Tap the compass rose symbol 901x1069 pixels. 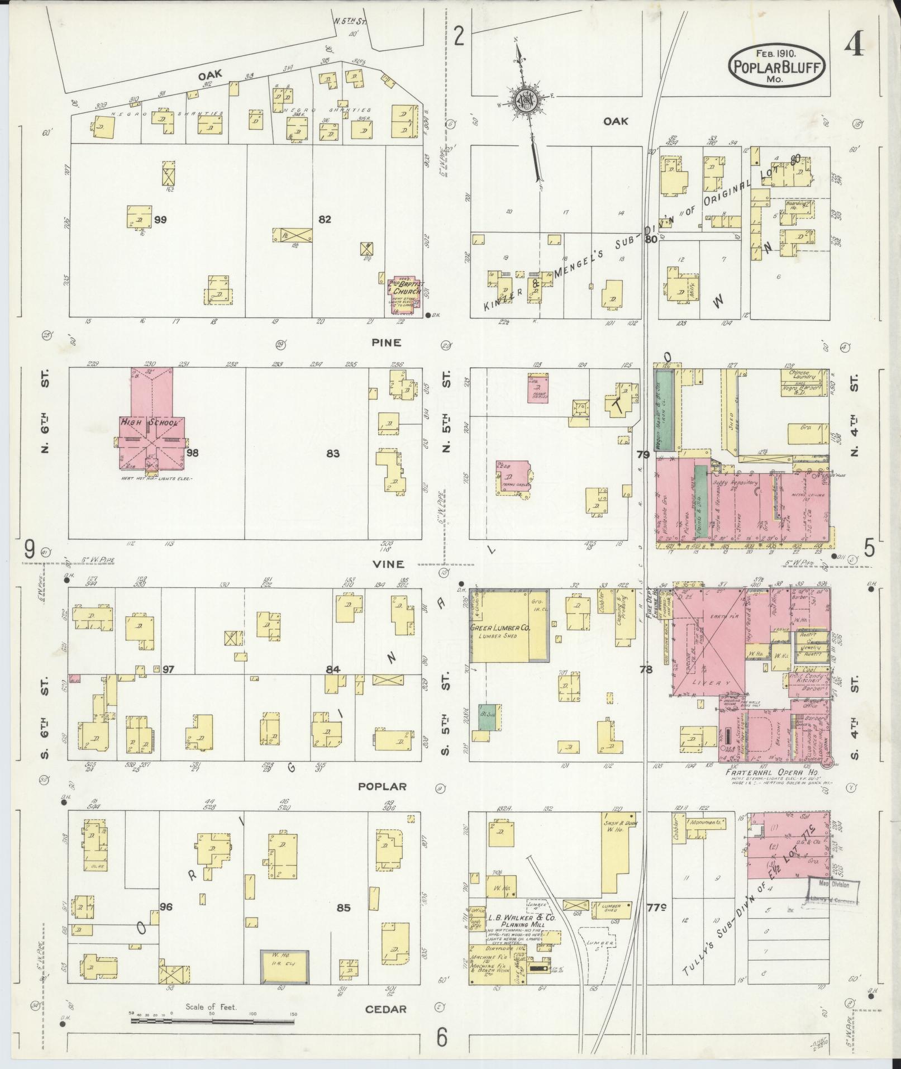pyautogui.click(x=526, y=101)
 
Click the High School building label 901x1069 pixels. pyautogui.click(x=149, y=422)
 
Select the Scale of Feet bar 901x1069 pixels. pyautogui.click(x=212, y=1020)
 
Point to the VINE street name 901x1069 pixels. pyautogui.click(x=389, y=564)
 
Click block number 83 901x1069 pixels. pyautogui.click(x=333, y=453)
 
